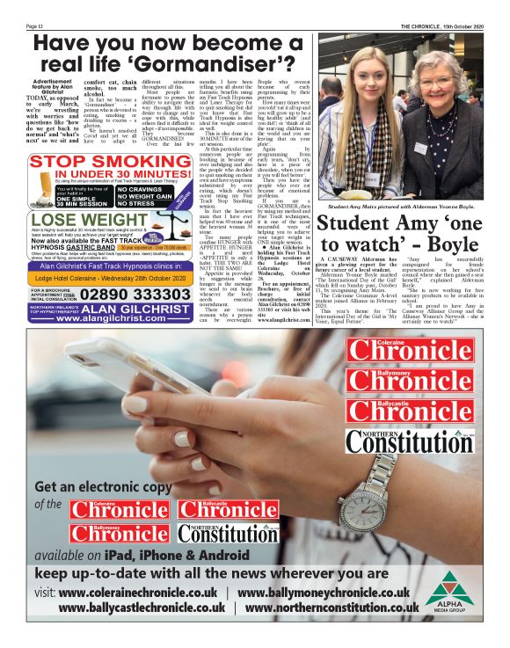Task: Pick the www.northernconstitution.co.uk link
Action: [332, 607]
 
